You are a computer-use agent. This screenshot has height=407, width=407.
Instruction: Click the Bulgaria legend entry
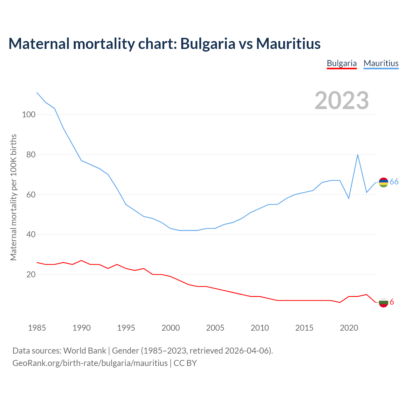[342, 63]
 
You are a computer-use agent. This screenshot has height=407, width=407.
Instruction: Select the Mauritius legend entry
[381, 63]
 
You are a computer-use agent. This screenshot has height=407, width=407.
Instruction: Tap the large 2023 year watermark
[342, 100]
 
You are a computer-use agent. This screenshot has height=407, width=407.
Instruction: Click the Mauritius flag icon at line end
[383, 182]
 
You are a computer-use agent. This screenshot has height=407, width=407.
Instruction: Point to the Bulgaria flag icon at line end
[383, 302]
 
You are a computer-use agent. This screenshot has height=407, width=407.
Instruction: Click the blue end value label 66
[394, 182]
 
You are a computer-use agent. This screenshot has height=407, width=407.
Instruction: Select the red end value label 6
[392, 302]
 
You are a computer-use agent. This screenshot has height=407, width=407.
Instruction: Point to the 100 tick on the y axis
[28, 115]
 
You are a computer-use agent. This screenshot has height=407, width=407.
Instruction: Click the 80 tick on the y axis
[31, 155]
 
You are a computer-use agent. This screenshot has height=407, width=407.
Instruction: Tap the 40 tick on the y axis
[31, 235]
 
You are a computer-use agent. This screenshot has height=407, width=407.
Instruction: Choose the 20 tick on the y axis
[31, 275]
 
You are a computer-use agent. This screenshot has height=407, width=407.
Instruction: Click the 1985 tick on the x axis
[37, 328]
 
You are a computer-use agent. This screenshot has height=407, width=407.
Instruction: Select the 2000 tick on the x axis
[171, 328]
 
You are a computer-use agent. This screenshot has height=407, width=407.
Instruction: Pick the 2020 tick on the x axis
[349, 328]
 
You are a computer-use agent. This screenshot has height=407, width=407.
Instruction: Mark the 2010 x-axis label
[260, 328]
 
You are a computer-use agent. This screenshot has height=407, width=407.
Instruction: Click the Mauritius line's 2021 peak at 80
[358, 155]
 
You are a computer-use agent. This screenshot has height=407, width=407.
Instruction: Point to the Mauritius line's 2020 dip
[349, 198]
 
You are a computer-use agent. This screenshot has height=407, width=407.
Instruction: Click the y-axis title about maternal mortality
[13, 197]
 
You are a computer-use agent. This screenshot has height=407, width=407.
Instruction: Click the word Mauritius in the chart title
[288, 44]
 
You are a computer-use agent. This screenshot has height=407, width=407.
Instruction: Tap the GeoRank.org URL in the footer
[90, 363]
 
